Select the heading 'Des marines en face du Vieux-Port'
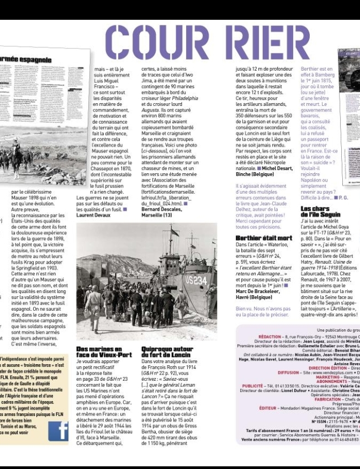(x=104, y=352)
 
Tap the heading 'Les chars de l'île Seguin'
(x=321, y=212)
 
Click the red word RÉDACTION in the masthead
(x=269, y=336)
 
